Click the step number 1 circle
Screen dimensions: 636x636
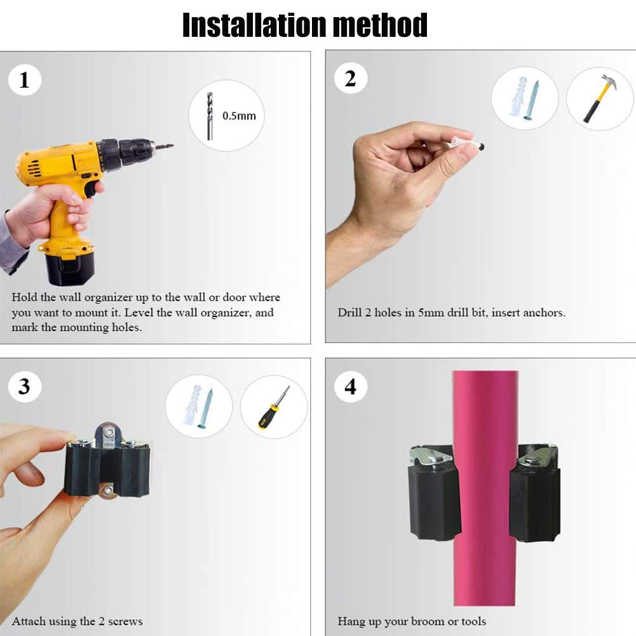pos(25,81)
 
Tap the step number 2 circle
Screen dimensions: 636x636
pos(350,79)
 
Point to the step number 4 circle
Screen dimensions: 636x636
pos(350,386)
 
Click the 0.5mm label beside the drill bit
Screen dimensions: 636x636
pos(239,116)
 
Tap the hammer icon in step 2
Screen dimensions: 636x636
pos(599,99)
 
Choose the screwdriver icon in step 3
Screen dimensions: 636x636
pos(274,407)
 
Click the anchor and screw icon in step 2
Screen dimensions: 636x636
pos(524,98)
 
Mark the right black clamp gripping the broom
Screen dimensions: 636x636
pos(535,502)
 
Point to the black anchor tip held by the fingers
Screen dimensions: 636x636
pos(484,147)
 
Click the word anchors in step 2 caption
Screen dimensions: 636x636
pos(543,313)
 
